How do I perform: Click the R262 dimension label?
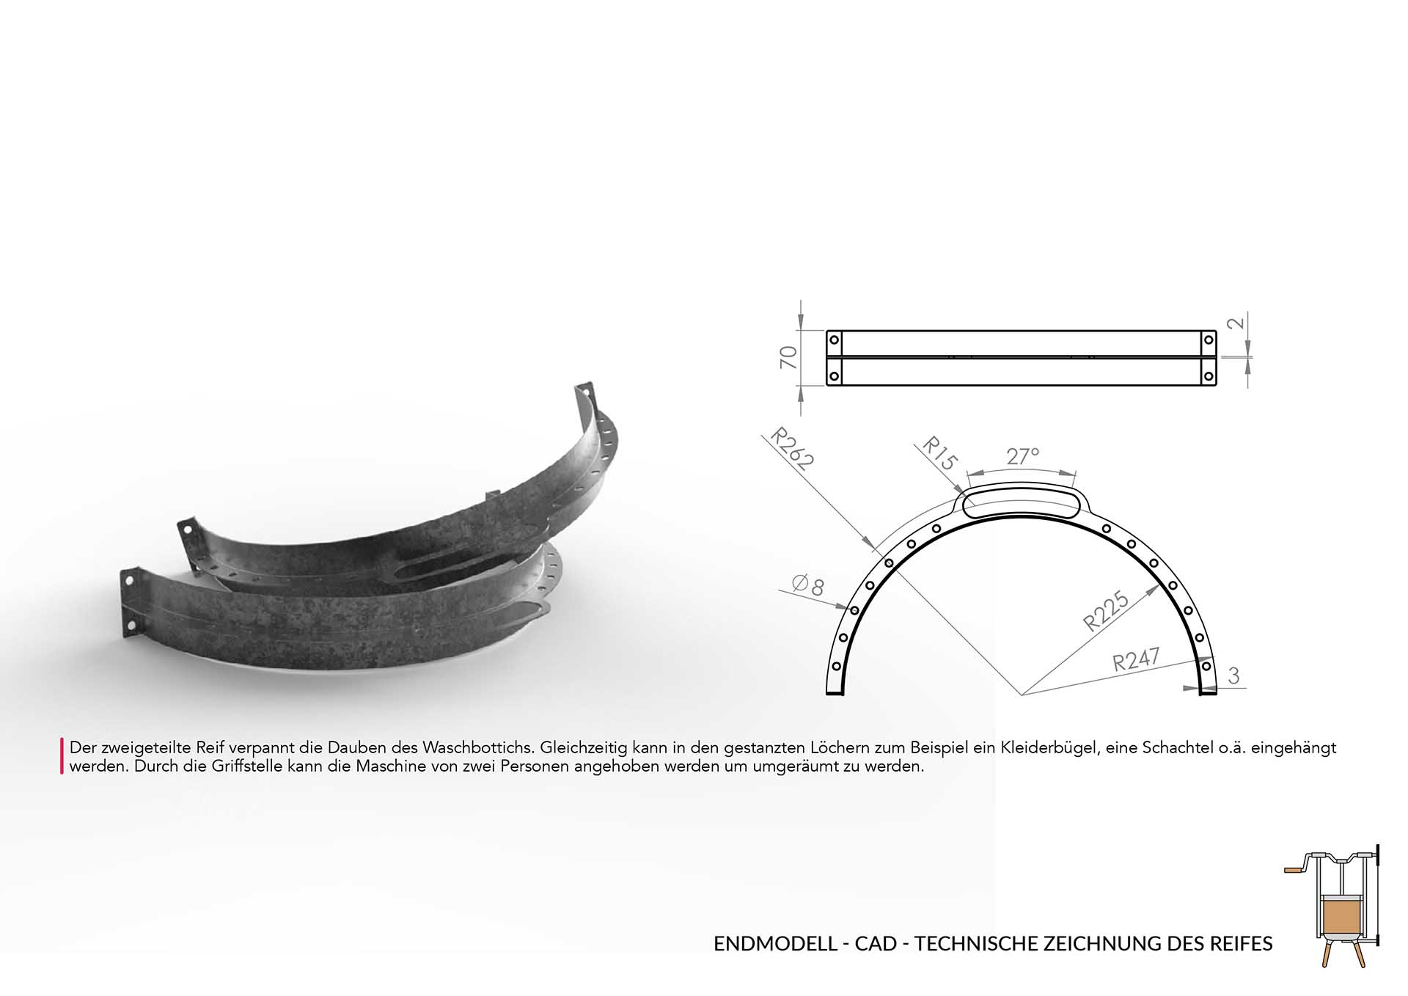click(793, 449)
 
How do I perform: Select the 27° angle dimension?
click(1022, 456)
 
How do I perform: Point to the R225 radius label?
click(1107, 612)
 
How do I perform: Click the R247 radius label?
click(1136, 659)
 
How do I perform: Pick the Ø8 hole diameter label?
click(808, 585)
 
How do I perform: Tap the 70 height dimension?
click(788, 357)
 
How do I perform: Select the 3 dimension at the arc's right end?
click(1233, 675)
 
